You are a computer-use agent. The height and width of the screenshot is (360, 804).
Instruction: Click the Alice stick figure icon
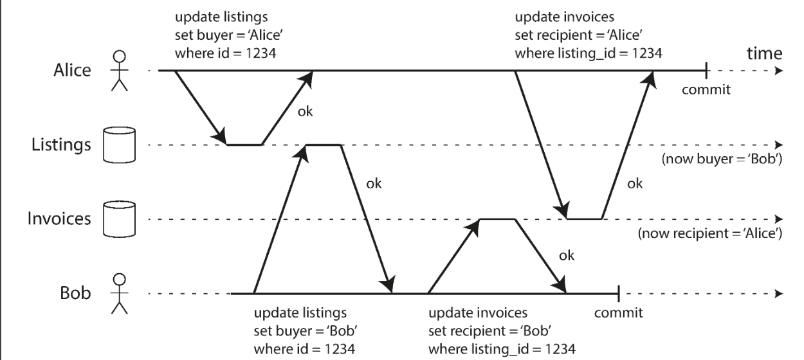pos(119,71)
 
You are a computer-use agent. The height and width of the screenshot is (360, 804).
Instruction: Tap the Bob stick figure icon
pos(119,294)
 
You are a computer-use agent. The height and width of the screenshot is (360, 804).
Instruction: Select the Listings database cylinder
pos(119,145)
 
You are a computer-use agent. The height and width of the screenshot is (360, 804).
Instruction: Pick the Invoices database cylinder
pos(119,219)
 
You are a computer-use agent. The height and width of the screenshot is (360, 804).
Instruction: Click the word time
pos(765,54)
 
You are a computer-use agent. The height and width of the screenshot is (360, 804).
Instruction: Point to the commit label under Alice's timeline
pos(706,89)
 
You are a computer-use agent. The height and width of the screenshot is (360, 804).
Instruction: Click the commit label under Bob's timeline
pos(618,312)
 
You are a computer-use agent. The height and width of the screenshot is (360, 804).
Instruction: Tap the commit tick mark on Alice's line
pos(706,71)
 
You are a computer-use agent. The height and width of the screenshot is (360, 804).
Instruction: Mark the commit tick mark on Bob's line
pos(618,294)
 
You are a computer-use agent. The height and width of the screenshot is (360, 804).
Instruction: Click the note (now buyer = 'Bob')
pos(722,159)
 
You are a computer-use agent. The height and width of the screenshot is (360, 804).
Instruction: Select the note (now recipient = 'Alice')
pos(710,233)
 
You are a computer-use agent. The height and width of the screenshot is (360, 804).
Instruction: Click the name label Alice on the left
pos(72,70)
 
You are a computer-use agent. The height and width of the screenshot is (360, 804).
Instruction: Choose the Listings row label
pos(61,145)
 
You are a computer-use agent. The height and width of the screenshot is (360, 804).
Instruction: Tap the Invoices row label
pos(59,219)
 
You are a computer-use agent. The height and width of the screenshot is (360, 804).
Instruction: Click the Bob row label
pos(75,293)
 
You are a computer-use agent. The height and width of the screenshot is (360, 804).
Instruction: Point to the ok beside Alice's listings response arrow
pos(305,112)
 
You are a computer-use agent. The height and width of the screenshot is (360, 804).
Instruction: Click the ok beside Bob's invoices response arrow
pos(567,256)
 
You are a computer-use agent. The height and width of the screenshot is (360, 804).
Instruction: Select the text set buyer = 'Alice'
pos(229,35)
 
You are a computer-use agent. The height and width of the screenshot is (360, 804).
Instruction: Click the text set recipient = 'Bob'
pos(490,330)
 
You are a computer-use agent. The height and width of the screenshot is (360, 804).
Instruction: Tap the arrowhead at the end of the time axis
pos(778,71)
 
